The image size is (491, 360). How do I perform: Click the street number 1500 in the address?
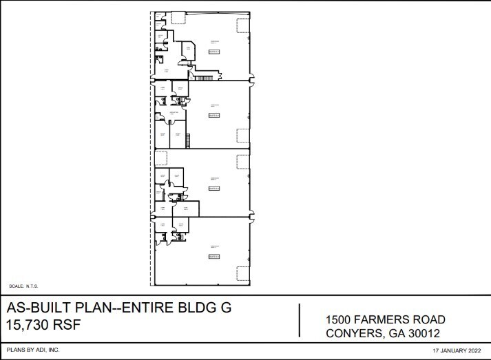339,319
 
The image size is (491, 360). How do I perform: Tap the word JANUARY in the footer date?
452,350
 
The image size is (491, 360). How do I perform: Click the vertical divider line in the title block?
300,320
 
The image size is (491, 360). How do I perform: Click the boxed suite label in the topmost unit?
214,52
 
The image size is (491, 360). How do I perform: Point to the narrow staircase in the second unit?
187,141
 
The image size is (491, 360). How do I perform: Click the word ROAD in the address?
428,319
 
